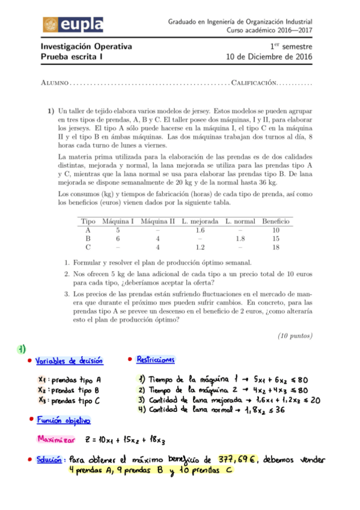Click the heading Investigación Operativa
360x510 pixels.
click(86, 47)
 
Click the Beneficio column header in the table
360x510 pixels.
click(276, 221)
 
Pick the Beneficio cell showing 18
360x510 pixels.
click(276, 247)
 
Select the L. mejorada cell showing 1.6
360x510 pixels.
click(200, 230)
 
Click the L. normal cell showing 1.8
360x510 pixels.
click(239, 238)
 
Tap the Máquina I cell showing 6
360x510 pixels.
click(118, 238)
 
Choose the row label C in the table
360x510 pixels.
click(88, 247)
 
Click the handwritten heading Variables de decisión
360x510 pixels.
click(69, 361)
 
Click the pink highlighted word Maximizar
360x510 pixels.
click(55, 439)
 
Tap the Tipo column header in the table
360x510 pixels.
click(88, 221)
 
